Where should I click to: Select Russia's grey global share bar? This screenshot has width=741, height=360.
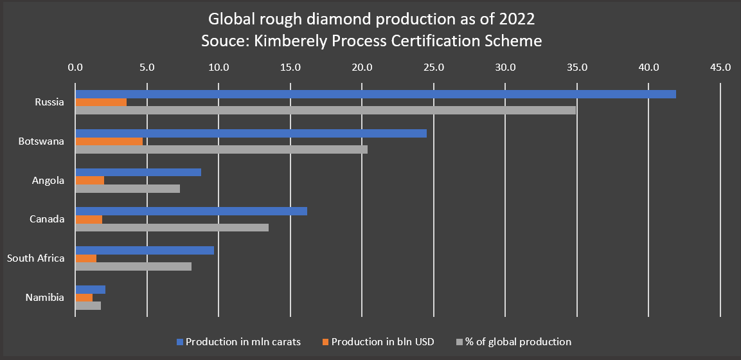[x=325, y=110]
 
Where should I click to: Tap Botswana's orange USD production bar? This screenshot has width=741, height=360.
[x=109, y=141]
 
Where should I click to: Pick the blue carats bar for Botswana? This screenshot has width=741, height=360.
[x=251, y=133]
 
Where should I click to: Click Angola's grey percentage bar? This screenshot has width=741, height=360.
[x=127, y=188]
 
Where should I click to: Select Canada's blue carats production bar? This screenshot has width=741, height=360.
[x=191, y=211]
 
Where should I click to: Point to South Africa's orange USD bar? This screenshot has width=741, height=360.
[x=85, y=258]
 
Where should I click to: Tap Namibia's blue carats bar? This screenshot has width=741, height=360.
[x=90, y=289]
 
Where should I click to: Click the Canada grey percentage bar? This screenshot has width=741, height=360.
[x=172, y=227]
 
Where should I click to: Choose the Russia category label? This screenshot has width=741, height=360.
[x=49, y=102]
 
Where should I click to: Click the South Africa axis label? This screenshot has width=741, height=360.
[x=35, y=258]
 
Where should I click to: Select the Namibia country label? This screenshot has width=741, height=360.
[x=44, y=298]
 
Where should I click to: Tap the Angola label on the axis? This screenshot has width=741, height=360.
[x=48, y=181]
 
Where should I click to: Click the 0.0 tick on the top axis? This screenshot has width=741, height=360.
[x=76, y=67]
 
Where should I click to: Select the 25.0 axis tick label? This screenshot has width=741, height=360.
[x=434, y=67]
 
